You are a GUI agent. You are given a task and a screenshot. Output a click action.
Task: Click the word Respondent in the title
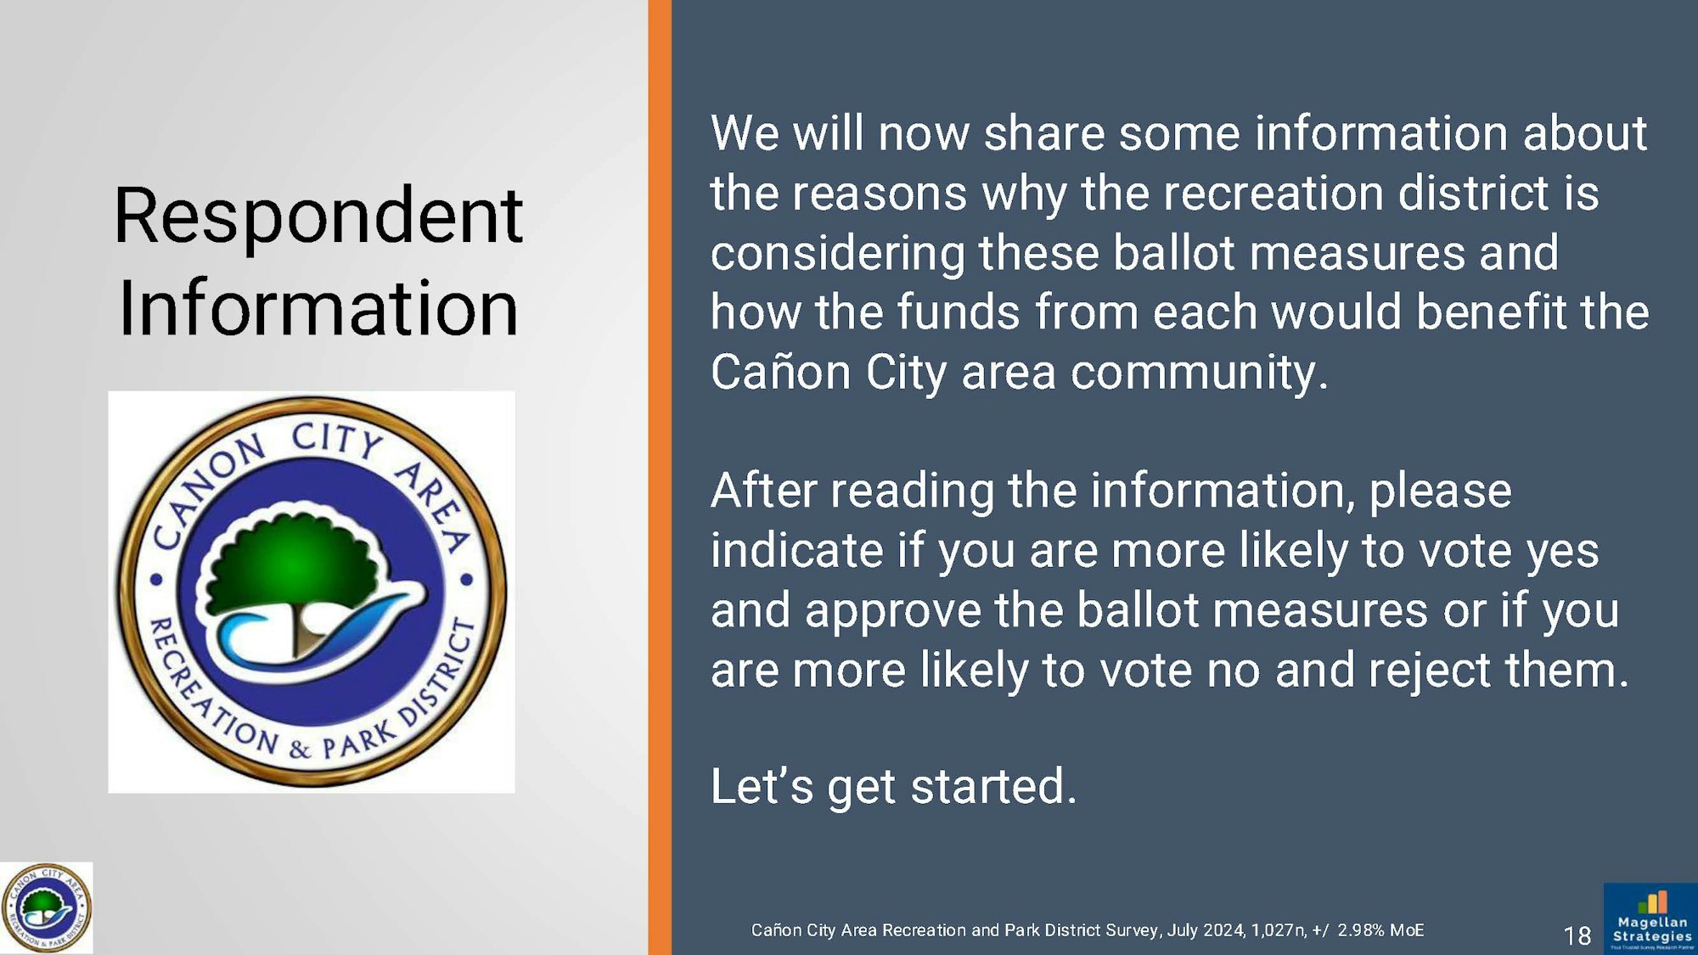[318, 218]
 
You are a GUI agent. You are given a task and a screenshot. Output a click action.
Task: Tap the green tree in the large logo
[289, 560]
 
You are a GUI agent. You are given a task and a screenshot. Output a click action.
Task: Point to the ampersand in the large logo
[299, 749]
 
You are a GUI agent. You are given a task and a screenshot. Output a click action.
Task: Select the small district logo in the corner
[47, 907]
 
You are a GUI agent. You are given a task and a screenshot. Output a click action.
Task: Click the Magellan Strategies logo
[1650, 918]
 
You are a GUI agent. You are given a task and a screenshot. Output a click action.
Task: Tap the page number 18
[1577, 935]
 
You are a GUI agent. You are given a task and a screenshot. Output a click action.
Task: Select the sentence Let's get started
[893, 786]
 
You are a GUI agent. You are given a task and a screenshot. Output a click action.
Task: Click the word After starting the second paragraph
[763, 491]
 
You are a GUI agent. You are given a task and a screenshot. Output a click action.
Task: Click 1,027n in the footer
[1278, 930]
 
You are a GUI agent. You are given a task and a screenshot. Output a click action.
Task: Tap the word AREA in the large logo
[433, 505]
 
